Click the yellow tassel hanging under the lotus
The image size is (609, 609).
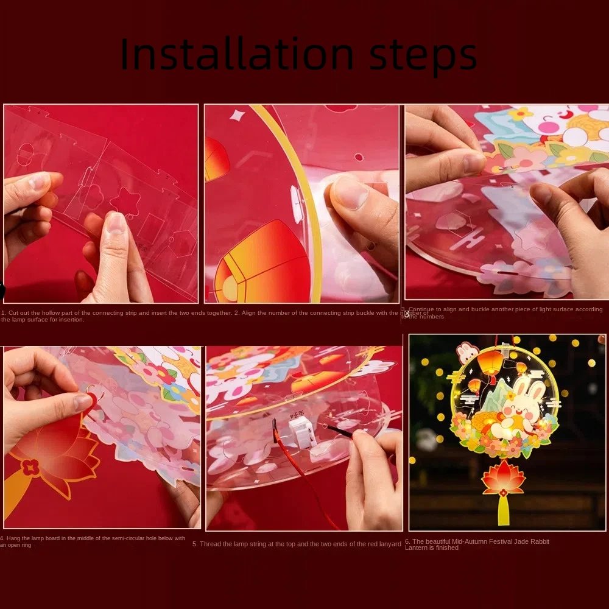(503, 510)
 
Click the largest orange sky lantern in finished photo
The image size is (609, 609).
(490, 363)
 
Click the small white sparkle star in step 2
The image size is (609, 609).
(236, 115)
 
